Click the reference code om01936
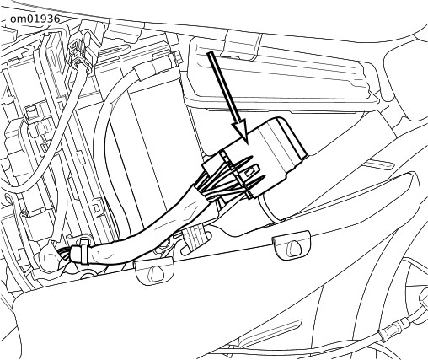35,19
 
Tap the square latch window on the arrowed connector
249,174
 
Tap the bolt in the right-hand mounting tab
294,245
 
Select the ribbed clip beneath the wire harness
193,235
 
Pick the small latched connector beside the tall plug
81,53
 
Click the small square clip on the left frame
32,111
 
